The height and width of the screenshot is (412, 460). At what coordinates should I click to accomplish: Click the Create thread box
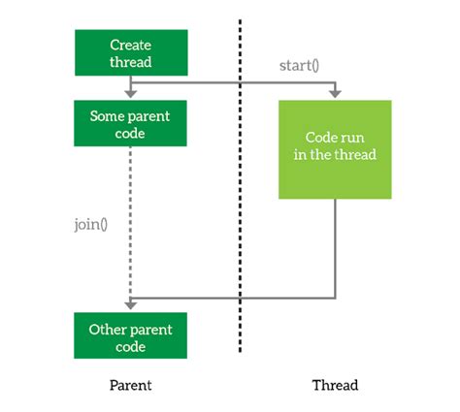(131, 52)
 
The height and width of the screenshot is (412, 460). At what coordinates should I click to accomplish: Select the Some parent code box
(131, 123)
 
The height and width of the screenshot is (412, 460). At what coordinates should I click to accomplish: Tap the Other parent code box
(131, 336)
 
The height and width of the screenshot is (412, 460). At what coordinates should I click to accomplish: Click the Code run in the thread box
(335, 149)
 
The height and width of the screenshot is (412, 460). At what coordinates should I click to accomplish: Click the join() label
(90, 226)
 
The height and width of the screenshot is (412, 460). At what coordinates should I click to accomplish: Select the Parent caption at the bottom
(131, 385)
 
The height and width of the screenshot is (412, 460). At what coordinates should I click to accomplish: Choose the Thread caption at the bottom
(335, 385)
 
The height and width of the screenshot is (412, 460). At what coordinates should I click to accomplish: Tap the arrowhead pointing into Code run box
(335, 95)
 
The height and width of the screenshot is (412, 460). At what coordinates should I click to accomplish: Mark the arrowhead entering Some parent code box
(131, 95)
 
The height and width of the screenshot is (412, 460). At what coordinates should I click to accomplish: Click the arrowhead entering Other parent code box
(131, 308)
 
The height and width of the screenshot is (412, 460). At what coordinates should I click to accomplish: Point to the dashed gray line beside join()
(131, 223)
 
